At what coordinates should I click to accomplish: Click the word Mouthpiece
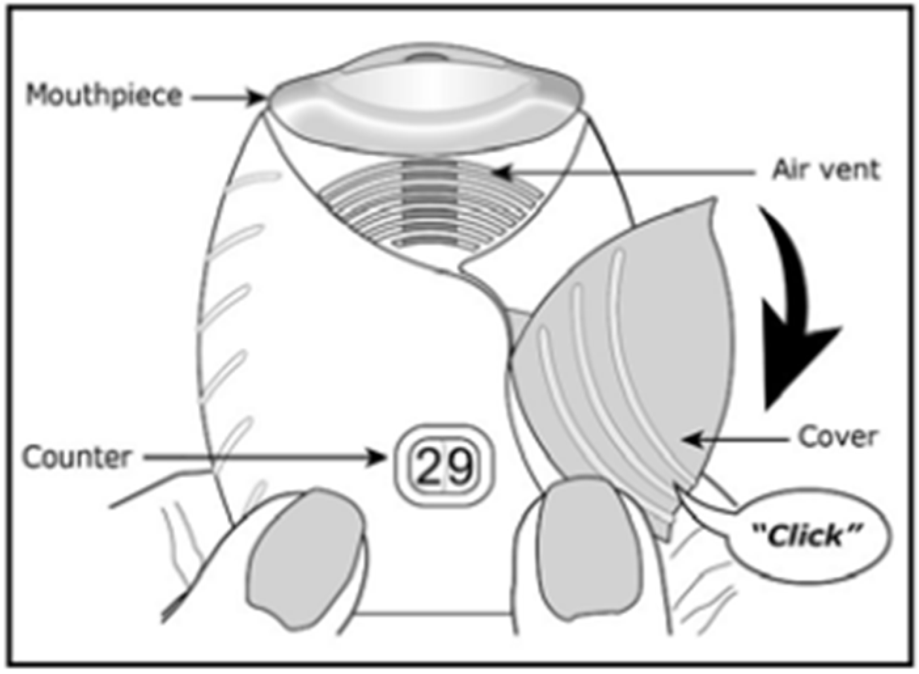(x=103, y=96)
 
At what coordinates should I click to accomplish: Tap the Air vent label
(x=825, y=169)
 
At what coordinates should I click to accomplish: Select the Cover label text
(x=837, y=437)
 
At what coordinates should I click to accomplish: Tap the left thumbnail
(x=306, y=562)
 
